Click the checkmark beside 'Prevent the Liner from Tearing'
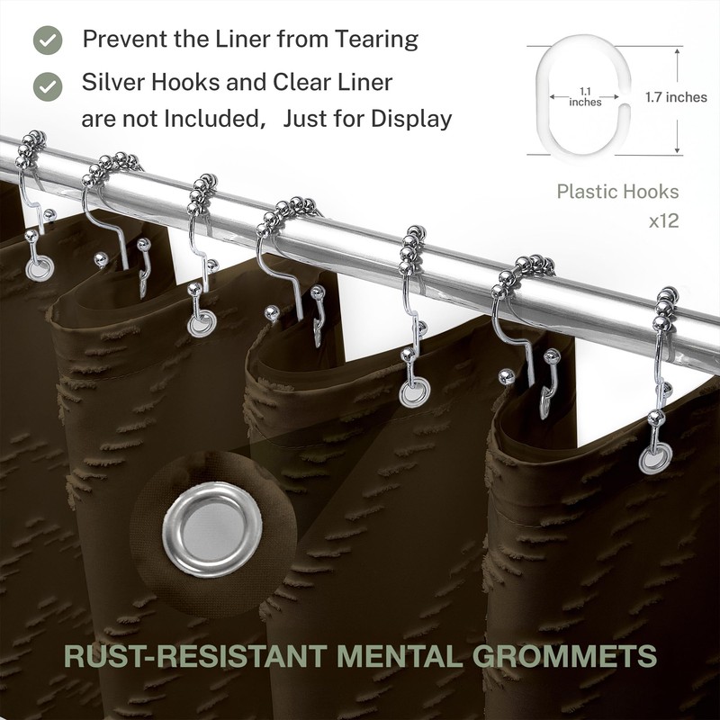[48, 40]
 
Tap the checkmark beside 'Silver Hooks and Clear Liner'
[48, 86]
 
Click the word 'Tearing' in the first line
[376, 40]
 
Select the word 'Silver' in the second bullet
[112, 83]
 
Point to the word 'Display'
[411, 120]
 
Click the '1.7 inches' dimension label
[676, 97]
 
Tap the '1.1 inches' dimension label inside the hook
[585, 97]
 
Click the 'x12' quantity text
[663, 221]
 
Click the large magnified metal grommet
[212, 529]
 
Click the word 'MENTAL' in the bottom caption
[400, 656]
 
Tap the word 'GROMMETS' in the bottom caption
[565, 656]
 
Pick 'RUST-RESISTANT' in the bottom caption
[196, 656]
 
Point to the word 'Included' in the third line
[212, 120]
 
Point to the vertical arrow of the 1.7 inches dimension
[677, 101]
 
